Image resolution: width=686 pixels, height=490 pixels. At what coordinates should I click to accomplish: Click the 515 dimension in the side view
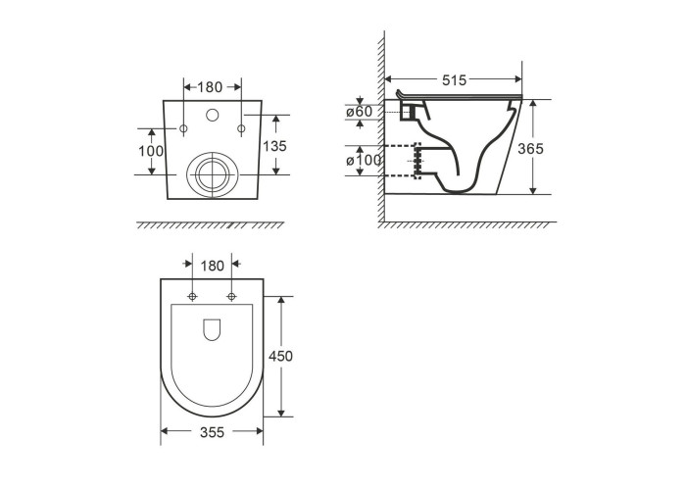(x=454, y=80)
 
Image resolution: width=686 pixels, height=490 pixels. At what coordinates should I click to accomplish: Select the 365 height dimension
(x=530, y=149)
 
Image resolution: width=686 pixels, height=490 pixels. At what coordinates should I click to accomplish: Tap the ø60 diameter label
(x=360, y=112)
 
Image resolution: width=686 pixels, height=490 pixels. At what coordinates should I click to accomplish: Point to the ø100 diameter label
(x=364, y=161)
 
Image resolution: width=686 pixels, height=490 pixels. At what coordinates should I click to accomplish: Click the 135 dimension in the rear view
(x=274, y=146)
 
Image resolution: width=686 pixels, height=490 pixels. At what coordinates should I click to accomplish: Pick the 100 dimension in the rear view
(x=151, y=151)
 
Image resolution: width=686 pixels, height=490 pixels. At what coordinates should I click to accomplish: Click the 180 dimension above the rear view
(x=210, y=87)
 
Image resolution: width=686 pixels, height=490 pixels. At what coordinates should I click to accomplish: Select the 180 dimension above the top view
(x=213, y=266)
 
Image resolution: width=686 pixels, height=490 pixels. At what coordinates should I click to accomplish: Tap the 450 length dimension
(x=280, y=356)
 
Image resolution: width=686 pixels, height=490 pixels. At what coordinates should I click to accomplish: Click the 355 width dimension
(x=213, y=432)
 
